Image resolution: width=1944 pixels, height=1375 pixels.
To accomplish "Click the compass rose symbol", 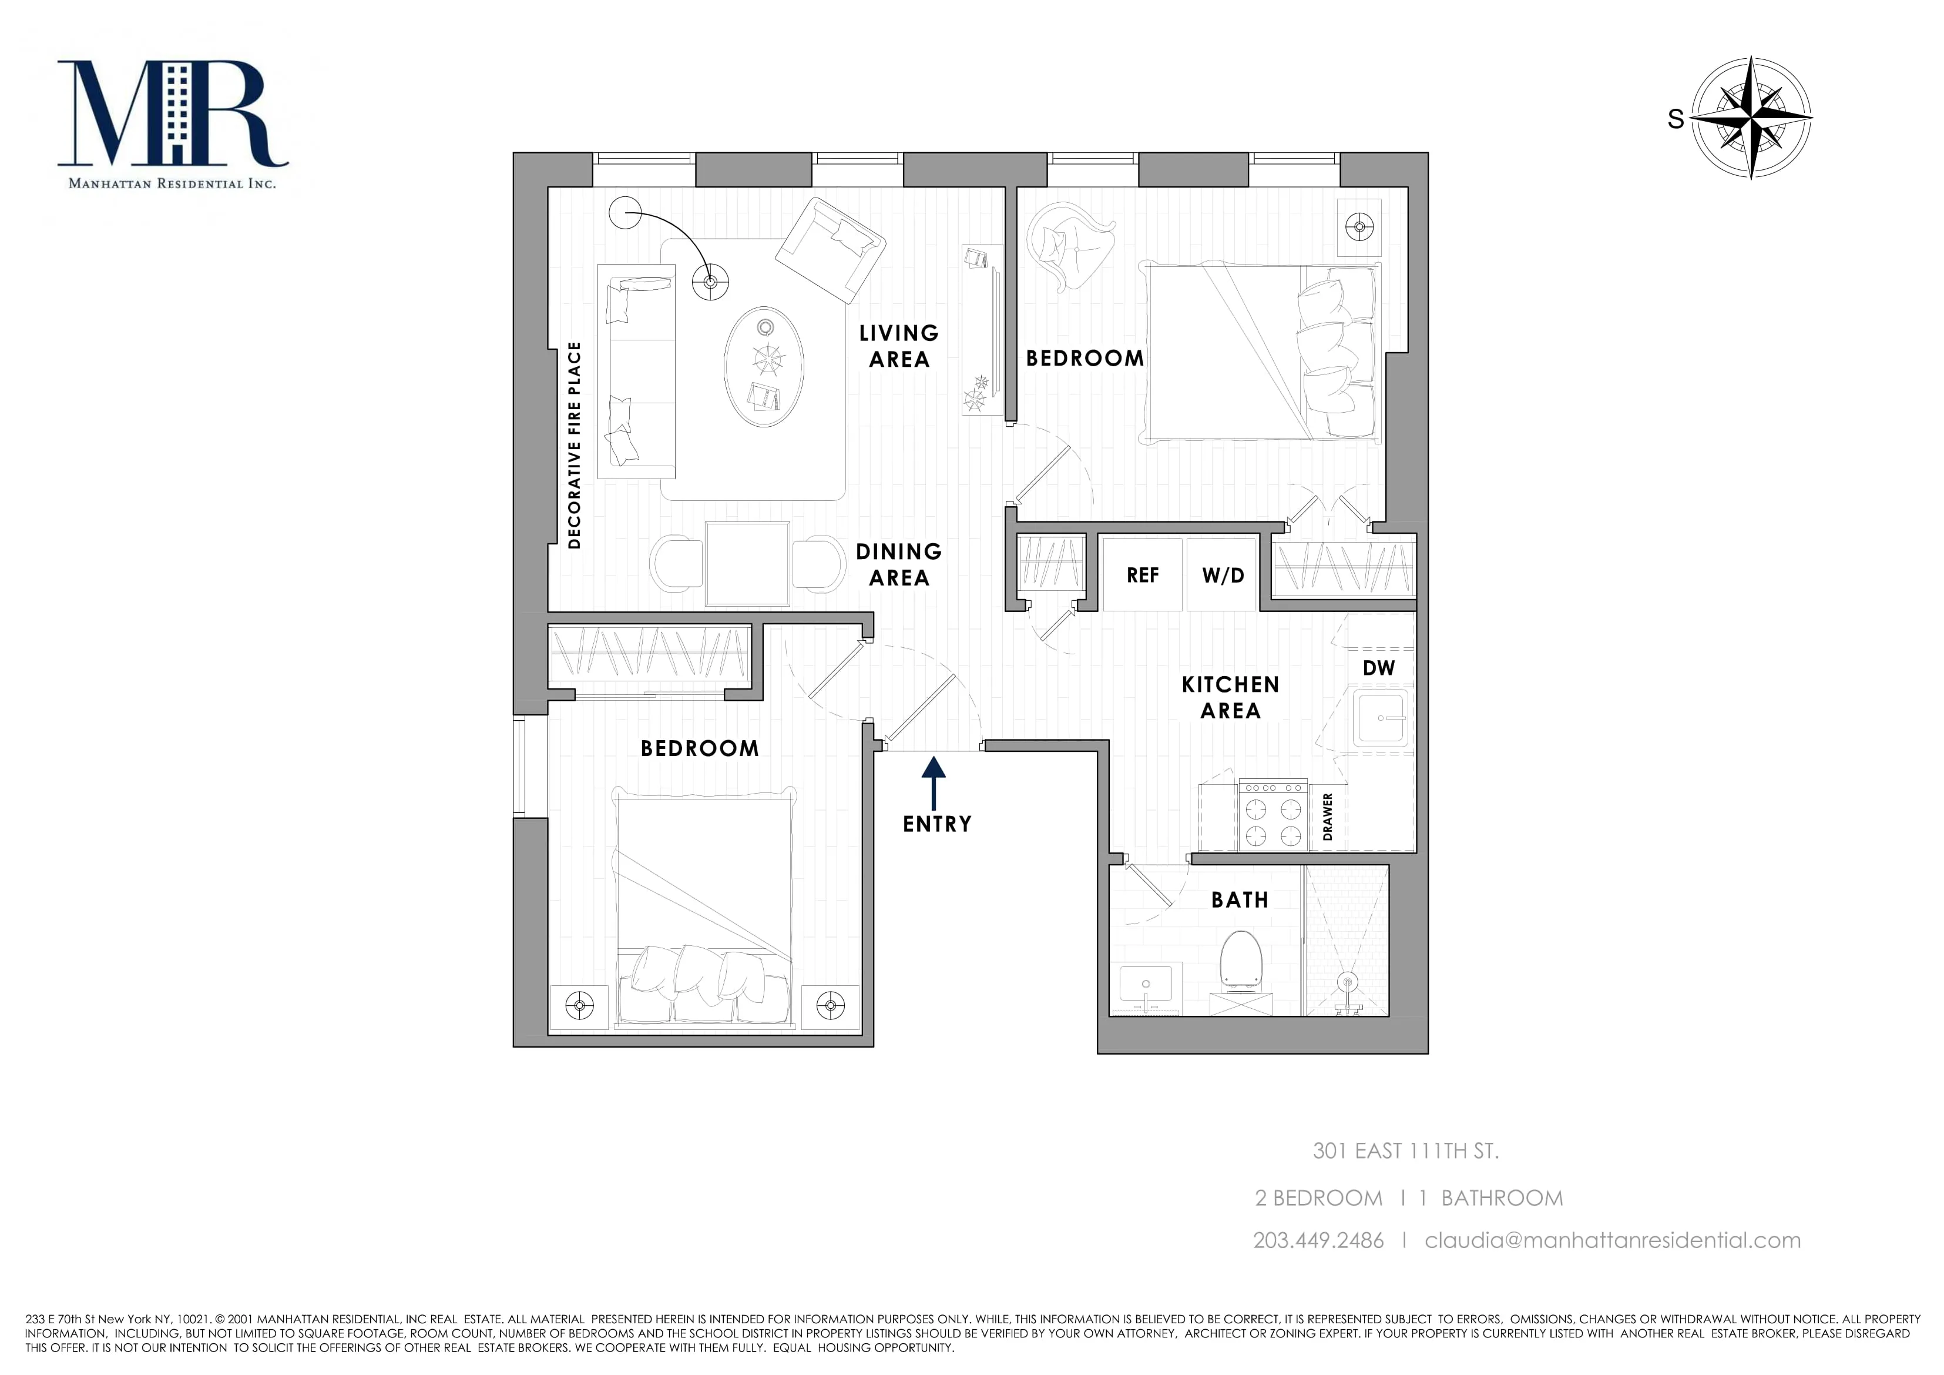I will point(1750,117).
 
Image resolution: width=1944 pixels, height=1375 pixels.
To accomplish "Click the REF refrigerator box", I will point(1142,576).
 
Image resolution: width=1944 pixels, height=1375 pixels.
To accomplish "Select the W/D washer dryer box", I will point(1222,576).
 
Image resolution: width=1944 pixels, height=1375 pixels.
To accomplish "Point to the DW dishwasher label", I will point(1378,668).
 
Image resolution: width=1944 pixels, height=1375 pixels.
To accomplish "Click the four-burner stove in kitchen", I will point(1273,814).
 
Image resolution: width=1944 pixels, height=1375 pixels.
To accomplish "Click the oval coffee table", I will point(764,366).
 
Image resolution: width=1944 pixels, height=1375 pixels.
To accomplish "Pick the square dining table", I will point(748,563).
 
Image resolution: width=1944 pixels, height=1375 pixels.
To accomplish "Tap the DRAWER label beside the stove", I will point(1328,817).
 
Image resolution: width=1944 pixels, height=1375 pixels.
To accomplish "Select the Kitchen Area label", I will point(1230,697).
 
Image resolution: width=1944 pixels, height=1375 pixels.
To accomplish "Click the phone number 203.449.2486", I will point(1318,1240).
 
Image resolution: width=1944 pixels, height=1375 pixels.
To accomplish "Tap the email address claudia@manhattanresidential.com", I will point(1612,1240).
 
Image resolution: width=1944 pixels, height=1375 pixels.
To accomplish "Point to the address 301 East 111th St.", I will point(1405,1150).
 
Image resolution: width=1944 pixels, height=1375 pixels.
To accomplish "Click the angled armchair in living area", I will point(830,250).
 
